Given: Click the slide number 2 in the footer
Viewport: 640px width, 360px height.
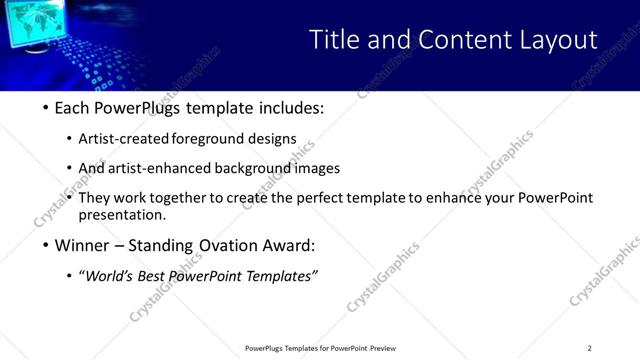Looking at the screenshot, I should tap(589, 347).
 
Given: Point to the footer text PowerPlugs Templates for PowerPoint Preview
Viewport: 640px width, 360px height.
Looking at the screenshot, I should tap(320, 347).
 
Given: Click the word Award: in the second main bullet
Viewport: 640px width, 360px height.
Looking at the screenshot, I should tap(286, 245).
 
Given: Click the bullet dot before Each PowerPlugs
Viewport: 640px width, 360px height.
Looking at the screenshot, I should tap(46, 108).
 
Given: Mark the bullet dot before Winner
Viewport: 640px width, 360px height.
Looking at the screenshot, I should tap(46, 245).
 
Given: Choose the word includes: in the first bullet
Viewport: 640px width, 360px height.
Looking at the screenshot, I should tap(290, 108).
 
